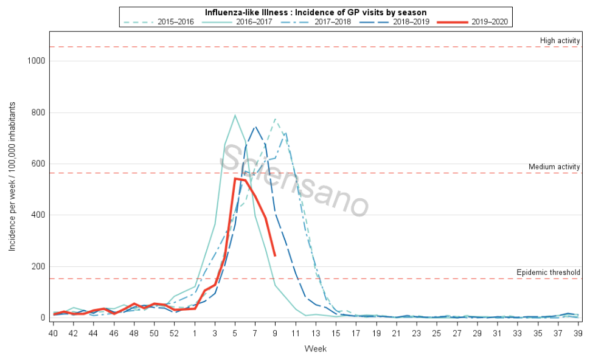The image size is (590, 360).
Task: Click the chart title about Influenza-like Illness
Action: tap(315, 12)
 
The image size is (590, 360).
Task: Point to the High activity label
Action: tap(560, 41)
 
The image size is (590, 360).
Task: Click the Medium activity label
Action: tap(554, 167)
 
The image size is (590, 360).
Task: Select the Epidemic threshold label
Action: tap(548, 272)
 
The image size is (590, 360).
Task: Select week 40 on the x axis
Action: tap(54, 334)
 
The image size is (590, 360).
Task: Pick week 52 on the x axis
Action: tap(175, 334)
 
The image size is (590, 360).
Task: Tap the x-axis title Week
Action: tap(315, 349)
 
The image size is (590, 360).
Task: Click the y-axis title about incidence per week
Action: tap(12, 176)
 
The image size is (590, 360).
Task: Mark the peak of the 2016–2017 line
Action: tap(235, 115)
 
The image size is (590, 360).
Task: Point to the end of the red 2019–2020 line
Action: tap(275, 255)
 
